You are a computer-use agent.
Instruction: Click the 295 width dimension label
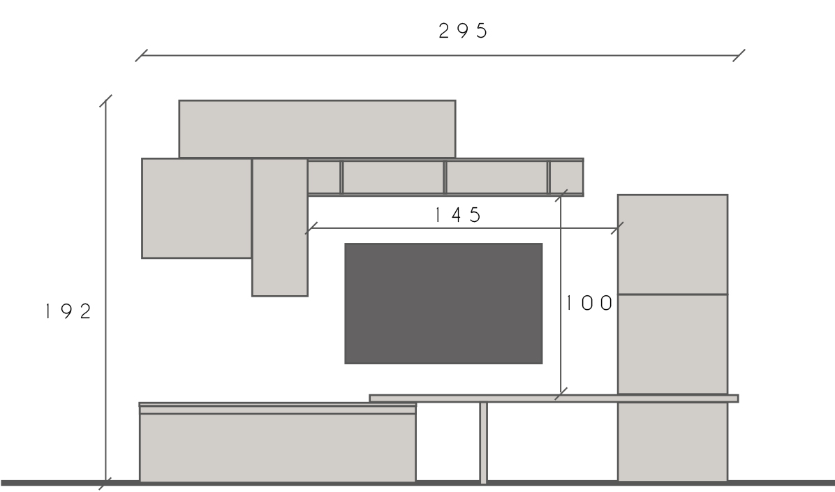click(x=463, y=31)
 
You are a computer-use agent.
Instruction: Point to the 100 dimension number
click(x=589, y=304)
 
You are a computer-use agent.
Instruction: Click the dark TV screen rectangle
click(x=443, y=304)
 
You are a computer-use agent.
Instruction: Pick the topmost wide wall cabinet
click(x=317, y=129)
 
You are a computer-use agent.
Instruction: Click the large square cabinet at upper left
click(x=197, y=208)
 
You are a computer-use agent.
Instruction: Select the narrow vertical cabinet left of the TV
click(x=280, y=228)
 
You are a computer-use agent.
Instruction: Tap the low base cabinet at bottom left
click(x=278, y=447)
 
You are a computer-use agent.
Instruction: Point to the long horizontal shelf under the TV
click(x=553, y=398)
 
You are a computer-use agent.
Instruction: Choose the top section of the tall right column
click(x=672, y=244)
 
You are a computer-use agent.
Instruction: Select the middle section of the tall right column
click(x=672, y=343)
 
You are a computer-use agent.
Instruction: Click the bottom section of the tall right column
click(x=672, y=441)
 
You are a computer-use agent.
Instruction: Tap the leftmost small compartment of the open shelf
click(x=324, y=177)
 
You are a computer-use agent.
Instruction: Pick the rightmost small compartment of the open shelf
click(x=566, y=177)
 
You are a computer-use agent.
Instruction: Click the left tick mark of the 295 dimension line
click(x=142, y=56)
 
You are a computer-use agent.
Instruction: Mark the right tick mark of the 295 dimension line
click(x=739, y=56)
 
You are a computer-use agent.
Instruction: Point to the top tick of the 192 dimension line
click(x=106, y=102)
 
